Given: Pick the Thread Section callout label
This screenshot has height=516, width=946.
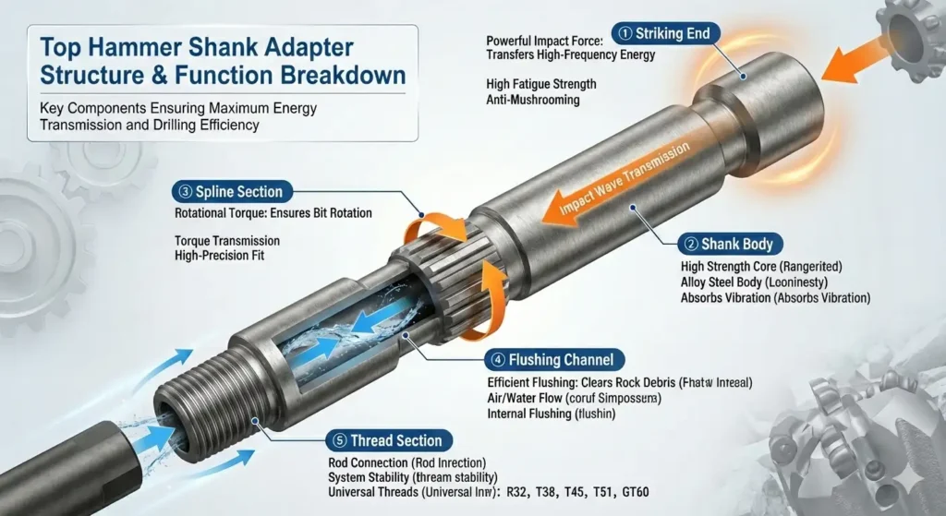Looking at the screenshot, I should click(387, 440).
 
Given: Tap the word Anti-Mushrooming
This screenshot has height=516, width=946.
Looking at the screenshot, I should click(533, 100).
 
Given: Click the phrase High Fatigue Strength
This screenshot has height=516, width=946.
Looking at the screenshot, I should click(541, 84).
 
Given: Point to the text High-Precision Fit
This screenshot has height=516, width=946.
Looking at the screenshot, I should click(220, 255).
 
